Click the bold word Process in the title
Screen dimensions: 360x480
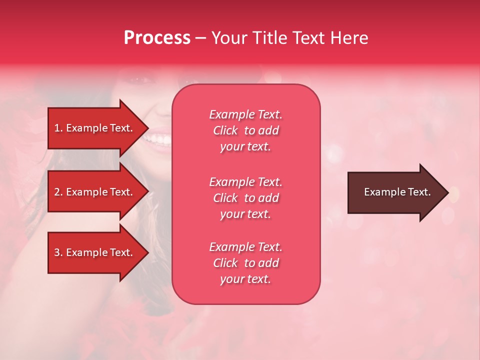point(157,38)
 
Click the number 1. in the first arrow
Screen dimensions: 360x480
point(58,128)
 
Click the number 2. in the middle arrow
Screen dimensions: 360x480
point(58,192)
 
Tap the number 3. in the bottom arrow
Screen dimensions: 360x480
point(58,252)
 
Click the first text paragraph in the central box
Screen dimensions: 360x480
point(245,130)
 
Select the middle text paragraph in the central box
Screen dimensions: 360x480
point(245,198)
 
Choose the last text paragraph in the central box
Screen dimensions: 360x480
point(245,263)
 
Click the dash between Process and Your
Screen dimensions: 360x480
point(200,38)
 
